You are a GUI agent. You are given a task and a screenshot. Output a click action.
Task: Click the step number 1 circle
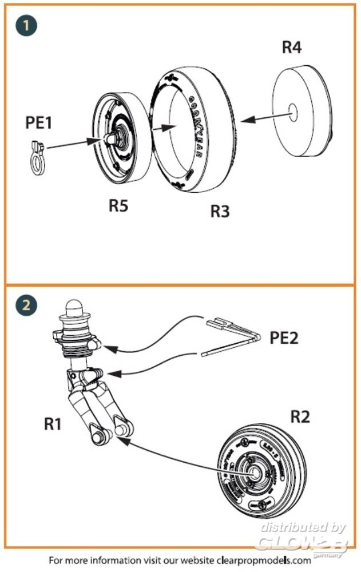(x=26, y=26)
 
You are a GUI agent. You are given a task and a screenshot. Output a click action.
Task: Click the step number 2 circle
(x=26, y=306)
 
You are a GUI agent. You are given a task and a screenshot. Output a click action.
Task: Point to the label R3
(x=220, y=211)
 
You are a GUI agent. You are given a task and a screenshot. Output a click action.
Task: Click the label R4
(x=291, y=47)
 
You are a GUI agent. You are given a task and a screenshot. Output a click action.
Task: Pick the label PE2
(x=284, y=337)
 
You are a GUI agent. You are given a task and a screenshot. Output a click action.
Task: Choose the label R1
(x=54, y=424)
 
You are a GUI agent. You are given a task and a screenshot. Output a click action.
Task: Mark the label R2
(x=300, y=416)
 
